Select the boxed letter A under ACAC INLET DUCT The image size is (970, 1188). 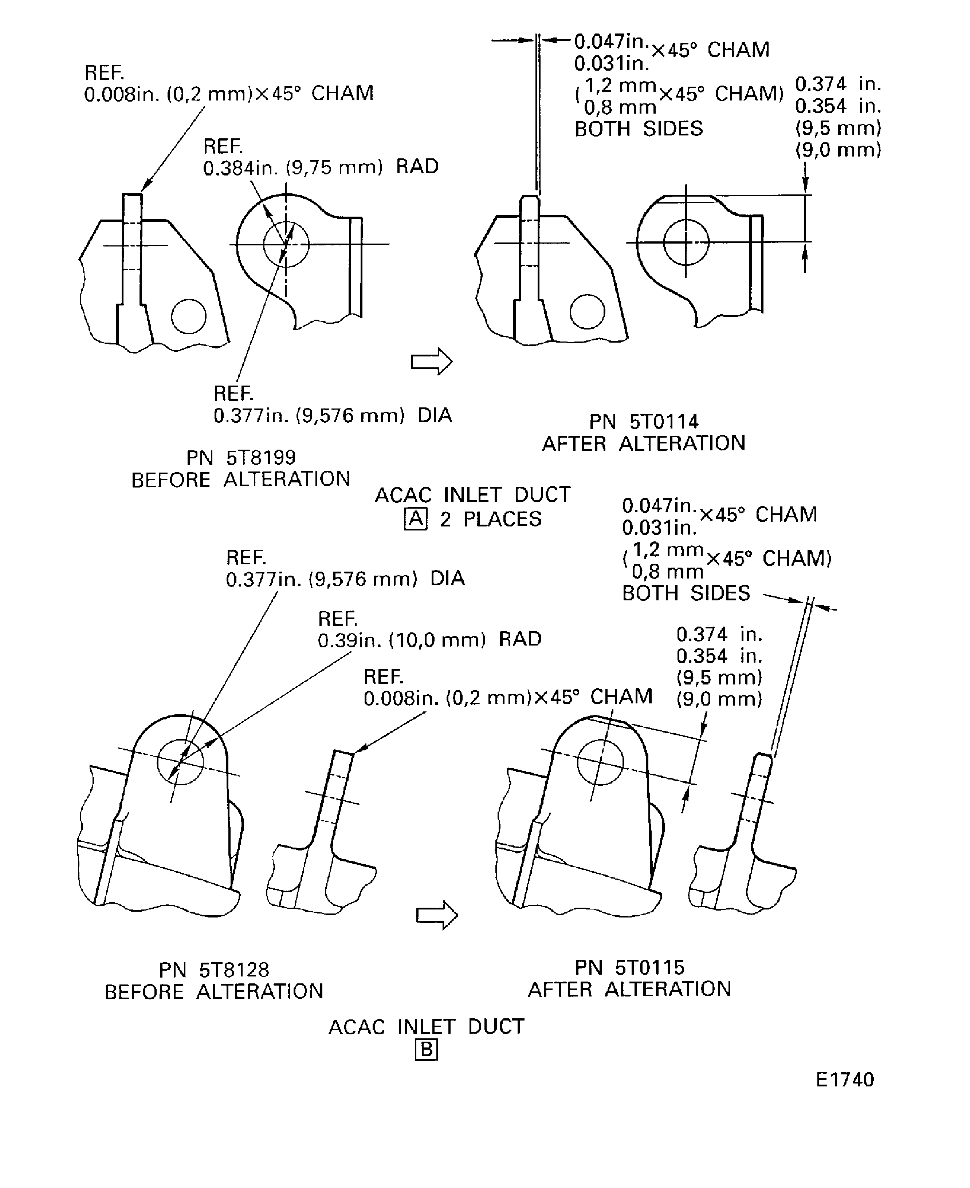pyautogui.click(x=416, y=519)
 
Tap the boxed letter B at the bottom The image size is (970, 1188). pyautogui.click(x=426, y=1050)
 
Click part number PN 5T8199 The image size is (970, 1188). pyautogui.click(x=241, y=457)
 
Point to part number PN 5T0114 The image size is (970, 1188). pyautogui.click(x=644, y=421)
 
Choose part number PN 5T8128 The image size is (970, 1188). pyautogui.click(x=214, y=970)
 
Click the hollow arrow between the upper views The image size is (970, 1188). pyautogui.click(x=431, y=362)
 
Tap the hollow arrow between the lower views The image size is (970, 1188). pyautogui.click(x=436, y=915)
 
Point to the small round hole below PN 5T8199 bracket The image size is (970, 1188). pyautogui.click(x=189, y=316)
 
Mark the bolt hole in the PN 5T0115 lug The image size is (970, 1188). pyautogui.click(x=600, y=761)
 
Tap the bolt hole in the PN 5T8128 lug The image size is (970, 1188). pyautogui.click(x=180, y=762)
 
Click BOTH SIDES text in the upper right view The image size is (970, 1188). pyautogui.click(x=639, y=129)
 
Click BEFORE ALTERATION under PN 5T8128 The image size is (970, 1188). pyautogui.click(x=214, y=991)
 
